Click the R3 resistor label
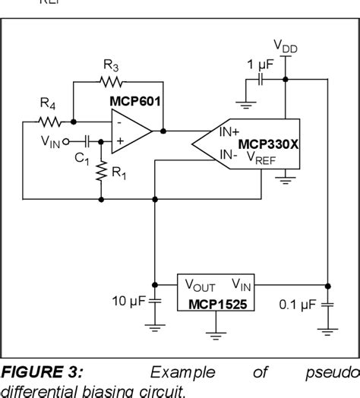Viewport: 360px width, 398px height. click(x=112, y=66)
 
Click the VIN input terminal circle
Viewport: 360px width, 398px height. click(x=66, y=141)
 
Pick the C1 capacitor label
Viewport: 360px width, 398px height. click(x=82, y=160)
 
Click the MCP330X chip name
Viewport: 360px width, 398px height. click(x=270, y=144)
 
